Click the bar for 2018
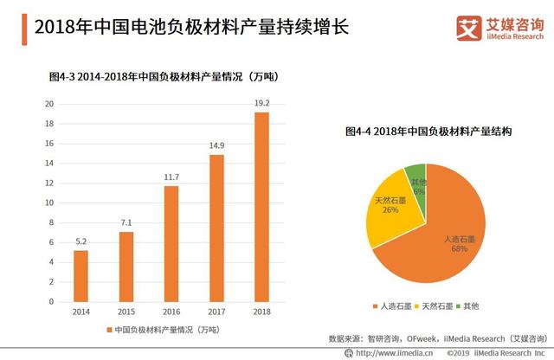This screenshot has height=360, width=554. tap(261, 207)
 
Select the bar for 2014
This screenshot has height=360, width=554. tap(81, 275)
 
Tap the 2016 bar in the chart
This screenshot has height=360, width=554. tap(171, 243)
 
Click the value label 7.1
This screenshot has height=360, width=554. tap(126, 222)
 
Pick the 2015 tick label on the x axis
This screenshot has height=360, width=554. tap(126, 311)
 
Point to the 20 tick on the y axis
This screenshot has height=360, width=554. tap(50, 104)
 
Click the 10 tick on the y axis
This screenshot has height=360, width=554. tap(50, 202)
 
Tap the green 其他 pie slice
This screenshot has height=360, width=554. tap(416, 175)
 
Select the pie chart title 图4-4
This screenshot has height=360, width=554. tap(428, 132)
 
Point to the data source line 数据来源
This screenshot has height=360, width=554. tap(442, 337)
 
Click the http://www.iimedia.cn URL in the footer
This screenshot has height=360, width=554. tap(388, 354)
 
